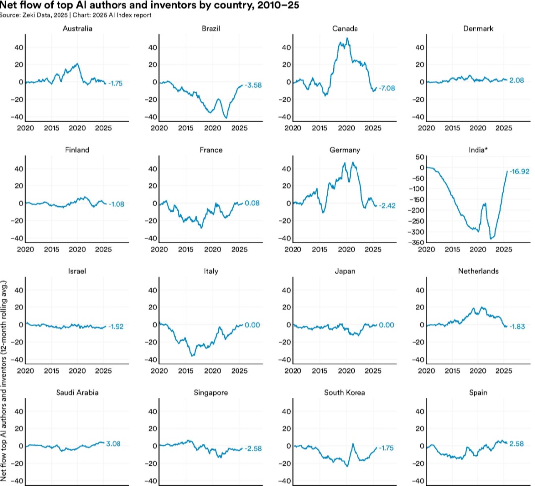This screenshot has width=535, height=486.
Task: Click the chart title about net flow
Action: (149, 6)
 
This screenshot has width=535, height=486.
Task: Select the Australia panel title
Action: (77, 28)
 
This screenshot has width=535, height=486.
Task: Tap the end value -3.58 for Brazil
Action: (251, 85)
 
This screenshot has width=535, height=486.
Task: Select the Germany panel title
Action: (345, 150)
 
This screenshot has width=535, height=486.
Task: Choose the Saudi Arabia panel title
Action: (77, 392)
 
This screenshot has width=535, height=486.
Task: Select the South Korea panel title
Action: (345, 392)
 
